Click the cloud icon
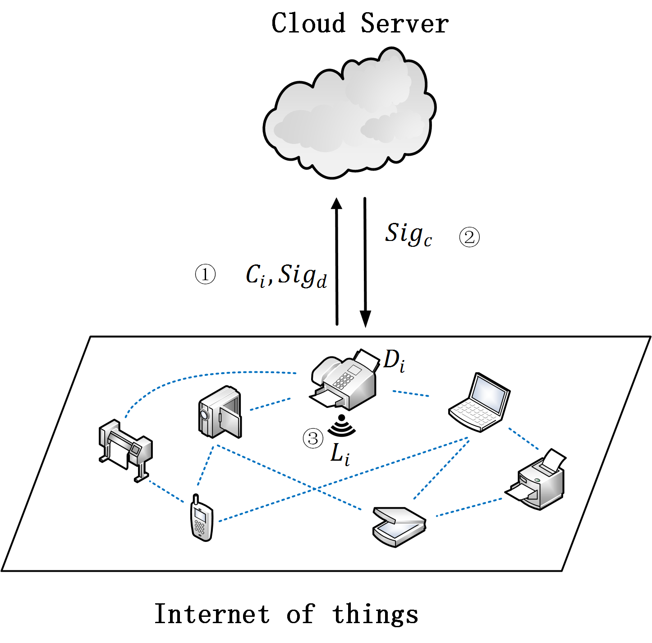pos(349,115)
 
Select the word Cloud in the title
pos(308,23)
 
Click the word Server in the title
pos(404,23)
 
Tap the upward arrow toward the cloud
pos(336,262)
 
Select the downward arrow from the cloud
pos(365,262)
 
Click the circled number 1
pos(205,274)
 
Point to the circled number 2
pos(469,237)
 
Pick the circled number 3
pos(313,438)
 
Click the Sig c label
pos(409,234)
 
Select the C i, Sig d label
pos(286,275)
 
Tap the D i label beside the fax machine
pos(394,361)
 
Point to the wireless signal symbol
pos(341,426)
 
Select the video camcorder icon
pos(220,412)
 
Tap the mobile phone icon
pos(201,519)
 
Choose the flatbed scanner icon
pos(399,526)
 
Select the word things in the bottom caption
pos(375,614)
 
